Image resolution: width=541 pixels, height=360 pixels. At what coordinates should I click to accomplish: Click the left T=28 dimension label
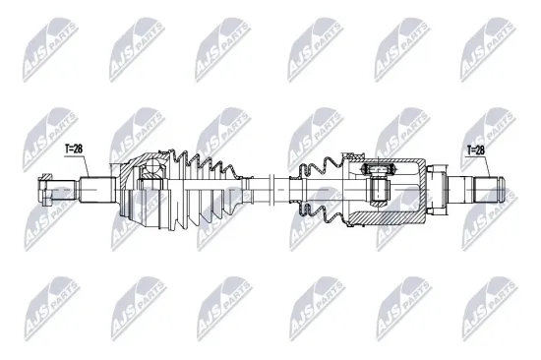[x=75, y=149]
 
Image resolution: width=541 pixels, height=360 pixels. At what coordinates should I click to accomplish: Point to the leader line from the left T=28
[x=78, y=164]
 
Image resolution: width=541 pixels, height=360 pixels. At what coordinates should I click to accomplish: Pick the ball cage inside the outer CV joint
[x=151, y=178]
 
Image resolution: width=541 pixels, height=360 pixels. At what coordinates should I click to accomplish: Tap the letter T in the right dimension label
[x=468, y=150]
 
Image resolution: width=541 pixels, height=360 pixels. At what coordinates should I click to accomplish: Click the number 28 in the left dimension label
[x=81, y=149]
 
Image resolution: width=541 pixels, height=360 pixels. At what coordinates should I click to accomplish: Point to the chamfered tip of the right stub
[x=501, y=185]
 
